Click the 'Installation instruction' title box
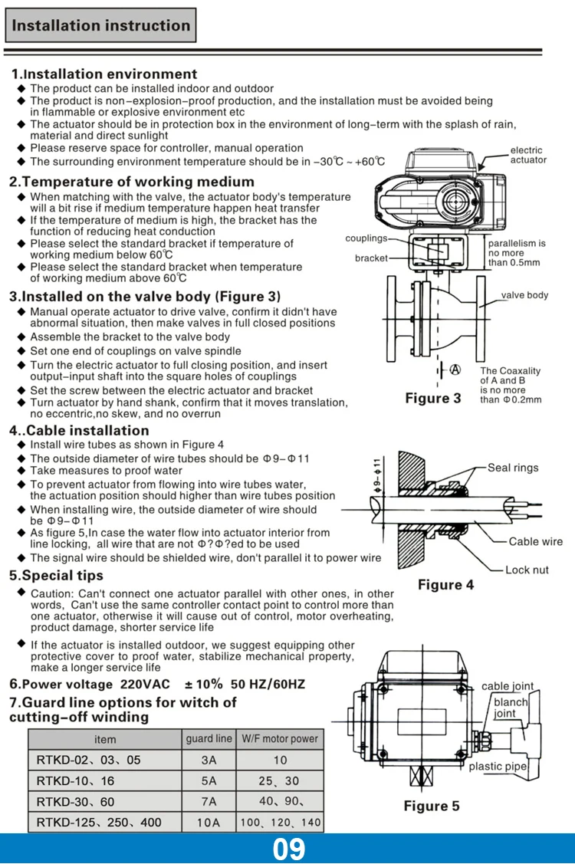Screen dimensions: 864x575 pyautogui.click(x=100, y=25)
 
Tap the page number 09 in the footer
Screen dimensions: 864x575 pyautogui.click(x=288, y=849)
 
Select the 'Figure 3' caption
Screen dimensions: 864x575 pyautogui.click(x=433, y=398)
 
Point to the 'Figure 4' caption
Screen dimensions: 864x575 pyautogui.click(x=445, y=585)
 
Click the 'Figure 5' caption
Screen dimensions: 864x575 pyautogui.click(x=432, y=806)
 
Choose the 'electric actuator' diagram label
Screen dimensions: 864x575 pyautogui.click(x=528, y=155)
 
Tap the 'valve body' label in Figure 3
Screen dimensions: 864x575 pyautogui.click(x=524, y=295)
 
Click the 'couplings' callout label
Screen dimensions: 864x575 pyautogui.click(x=366, y=238)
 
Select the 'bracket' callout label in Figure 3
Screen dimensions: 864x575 pyautogui.click(x=371, y=258)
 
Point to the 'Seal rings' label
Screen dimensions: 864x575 pyautogui.click(x=513, y=468)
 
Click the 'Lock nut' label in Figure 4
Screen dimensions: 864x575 pyautogui.click(x=527, y=570)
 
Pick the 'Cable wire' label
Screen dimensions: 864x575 pyautogui.click(x=535, y=541)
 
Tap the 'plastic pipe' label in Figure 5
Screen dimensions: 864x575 pyautogui.click(x=498, y=766)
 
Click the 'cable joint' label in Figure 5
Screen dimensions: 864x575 pyautogui.click(x=508, y=686)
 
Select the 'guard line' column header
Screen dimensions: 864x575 pyautogui.click(x=209, y=739)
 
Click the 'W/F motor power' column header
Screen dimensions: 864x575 pyautogui.click(x=280, y=739)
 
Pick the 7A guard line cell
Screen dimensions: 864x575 pyautogui.click(x=209, y=801)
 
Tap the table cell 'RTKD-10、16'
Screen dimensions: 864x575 pyautogui.click(x=75, y=780)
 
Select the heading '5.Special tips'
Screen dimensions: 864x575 pyautogui.click(x=56, y=575)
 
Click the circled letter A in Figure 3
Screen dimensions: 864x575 pyautogui.click(x=455, y=369)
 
